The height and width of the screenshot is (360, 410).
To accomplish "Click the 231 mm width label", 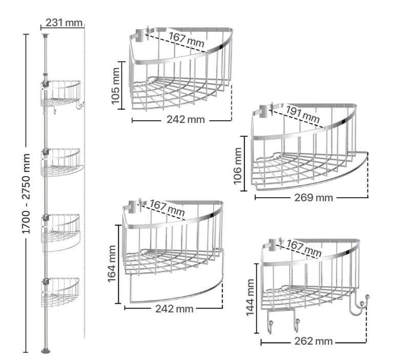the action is pyautogui.click(x=64, y=23).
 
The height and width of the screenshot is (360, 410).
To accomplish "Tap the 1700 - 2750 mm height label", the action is pyautogui.click(x=26, y=194).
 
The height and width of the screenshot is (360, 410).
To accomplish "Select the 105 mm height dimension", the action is pyautogui.click(x=115, y=86).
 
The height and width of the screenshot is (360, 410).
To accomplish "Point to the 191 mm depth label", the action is pyautogui.click(x=302, y=114).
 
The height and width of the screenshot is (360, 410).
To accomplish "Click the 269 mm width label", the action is pyautogui.click(x=314, y=198).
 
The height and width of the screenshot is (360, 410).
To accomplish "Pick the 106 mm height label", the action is pyautogui.click(x=237, y=166).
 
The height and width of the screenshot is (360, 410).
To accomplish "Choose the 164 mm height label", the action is pyautogui.click(x=112, y=264).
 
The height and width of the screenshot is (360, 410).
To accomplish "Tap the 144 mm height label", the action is pyautogui.click(x=250, y=298).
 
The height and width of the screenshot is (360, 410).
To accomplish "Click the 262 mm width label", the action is pyautogui.click(x=313, y=341).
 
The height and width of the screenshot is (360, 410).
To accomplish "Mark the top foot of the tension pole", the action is pyautogui.click(x=45, y=35).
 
